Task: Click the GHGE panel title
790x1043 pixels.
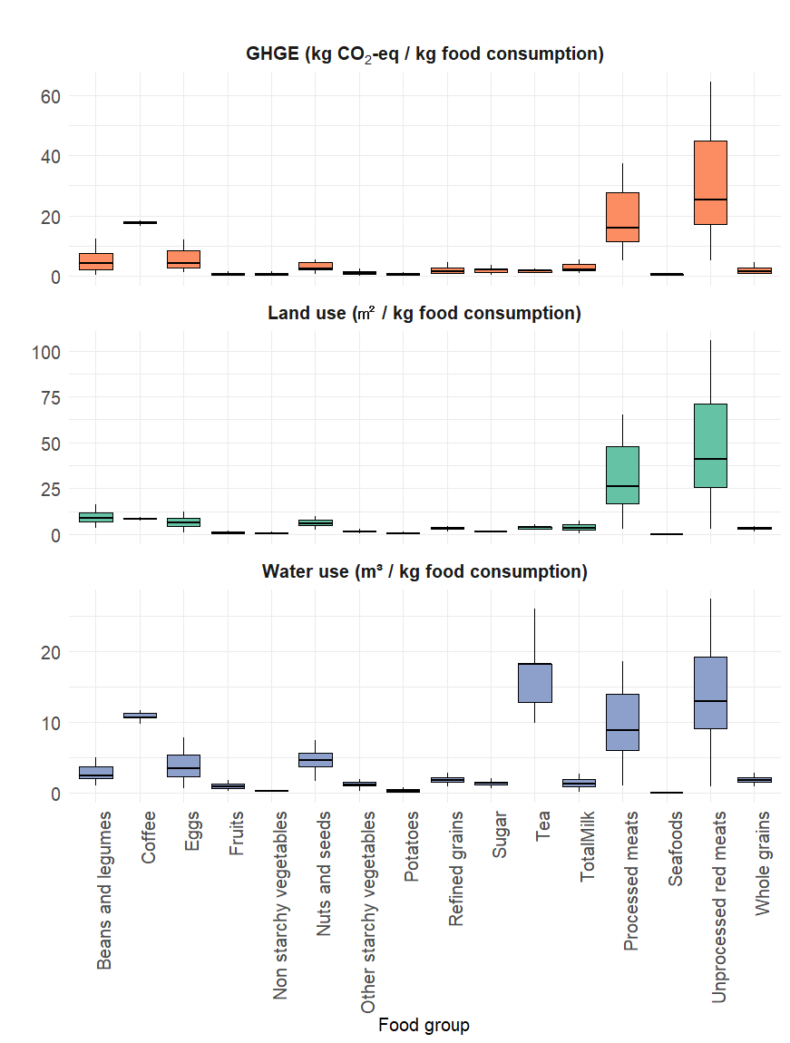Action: (424, 54)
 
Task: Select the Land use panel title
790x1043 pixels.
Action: (424, 313)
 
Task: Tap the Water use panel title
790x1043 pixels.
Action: (424, 571)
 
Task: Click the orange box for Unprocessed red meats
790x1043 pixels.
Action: (710, 181)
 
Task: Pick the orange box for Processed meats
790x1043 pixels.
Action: (622, 218)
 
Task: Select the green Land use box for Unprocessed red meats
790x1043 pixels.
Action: (710, 444)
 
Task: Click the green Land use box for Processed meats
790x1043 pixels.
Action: (622, 474)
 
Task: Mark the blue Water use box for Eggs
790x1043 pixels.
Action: (183, 765)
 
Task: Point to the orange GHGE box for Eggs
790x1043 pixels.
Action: (183, 259)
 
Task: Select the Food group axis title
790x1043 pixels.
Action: (424, 1025)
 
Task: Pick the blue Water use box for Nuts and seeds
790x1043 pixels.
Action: (316, 760)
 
